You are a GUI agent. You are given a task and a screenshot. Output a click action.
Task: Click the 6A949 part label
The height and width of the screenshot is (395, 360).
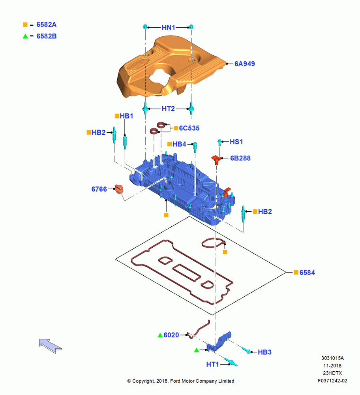(x=244, y=64)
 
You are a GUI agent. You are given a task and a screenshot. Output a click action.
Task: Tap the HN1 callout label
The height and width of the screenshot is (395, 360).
(x=169, y=28)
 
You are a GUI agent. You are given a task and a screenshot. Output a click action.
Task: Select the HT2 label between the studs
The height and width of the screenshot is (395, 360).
(x=168, y=109)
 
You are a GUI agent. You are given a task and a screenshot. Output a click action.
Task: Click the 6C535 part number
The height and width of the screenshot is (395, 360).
(x=189, y=128)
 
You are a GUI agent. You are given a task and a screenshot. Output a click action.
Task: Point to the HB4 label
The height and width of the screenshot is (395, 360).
(x=179, y=144)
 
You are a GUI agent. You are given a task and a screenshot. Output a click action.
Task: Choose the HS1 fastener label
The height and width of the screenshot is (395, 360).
(x=236, y=142)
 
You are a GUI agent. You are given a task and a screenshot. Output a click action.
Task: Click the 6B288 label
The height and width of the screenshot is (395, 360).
(x=240, y=158)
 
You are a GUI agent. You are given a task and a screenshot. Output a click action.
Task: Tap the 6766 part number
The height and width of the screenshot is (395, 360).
(x=99, y=189)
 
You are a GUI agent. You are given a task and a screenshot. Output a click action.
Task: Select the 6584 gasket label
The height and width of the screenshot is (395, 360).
(x=307, y=273)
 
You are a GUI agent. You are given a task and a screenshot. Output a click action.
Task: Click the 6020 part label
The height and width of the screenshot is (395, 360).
(x=171, y=335)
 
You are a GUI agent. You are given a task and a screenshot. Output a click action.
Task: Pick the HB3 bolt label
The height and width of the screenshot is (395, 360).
(x=264, y=352)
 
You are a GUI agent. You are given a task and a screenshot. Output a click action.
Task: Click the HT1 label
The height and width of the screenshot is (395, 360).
(x=212, y=364)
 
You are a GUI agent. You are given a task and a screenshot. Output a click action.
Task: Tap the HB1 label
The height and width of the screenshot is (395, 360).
(x=126, y=116)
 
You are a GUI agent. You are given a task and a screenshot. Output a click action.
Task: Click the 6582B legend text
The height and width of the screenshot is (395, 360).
(x=47, y=36)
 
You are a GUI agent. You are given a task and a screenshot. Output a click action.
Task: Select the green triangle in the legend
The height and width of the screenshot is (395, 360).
(x=25, y=36)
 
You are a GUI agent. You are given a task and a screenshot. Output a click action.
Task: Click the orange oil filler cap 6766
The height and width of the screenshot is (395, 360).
(x=119, y=189)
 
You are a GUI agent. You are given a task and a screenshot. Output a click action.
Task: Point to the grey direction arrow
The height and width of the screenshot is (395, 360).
(x=51, y=346)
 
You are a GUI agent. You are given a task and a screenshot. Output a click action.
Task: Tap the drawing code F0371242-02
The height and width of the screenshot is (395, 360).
(x=332, y=381)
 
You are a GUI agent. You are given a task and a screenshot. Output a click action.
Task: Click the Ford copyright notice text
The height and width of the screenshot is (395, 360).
(x=181, y=381)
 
